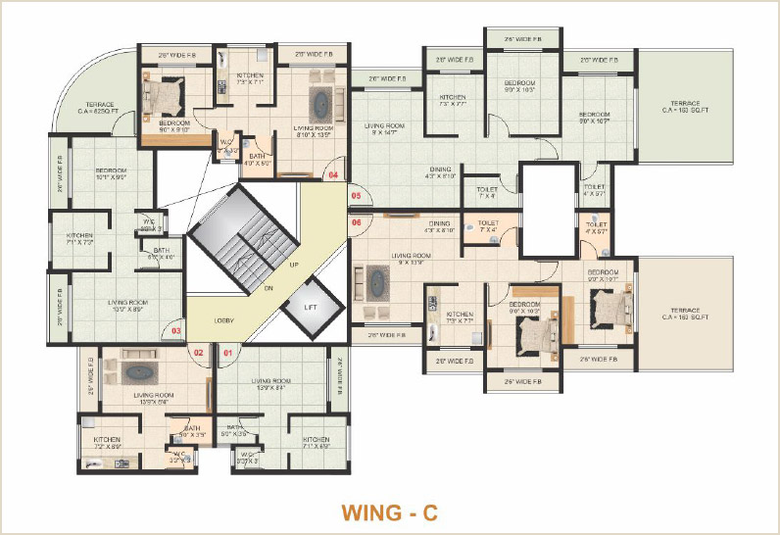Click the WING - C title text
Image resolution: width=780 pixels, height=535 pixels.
click(x=389, y=511)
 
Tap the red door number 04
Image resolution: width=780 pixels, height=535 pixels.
click(x=333, y=175)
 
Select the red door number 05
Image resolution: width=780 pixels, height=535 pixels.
click(x=356, y=197)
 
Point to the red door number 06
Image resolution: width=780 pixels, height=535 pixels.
click(x=356, y=223)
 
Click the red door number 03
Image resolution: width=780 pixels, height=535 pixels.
click(x=176, y=331)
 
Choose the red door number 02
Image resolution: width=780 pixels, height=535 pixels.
click(x=198, y=351)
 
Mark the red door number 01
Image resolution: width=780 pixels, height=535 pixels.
click(x=227, y=351)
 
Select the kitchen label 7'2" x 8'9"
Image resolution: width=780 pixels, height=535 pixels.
click(x=107, y=443)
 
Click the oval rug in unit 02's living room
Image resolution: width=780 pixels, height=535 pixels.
click(x=139, y=372)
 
